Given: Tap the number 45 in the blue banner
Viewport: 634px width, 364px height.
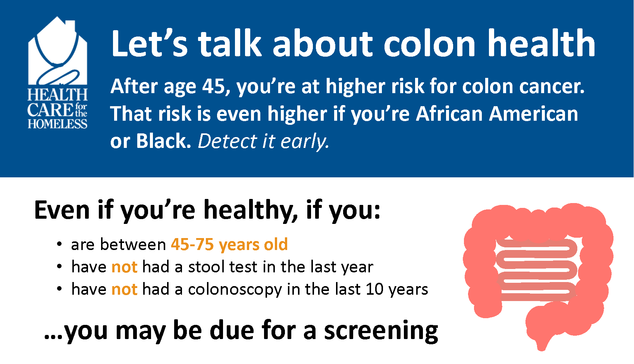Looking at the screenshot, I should [213, 86].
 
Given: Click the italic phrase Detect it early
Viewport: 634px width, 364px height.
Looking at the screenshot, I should [263, 142].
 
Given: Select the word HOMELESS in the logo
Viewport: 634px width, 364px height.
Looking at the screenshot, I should [57, 124].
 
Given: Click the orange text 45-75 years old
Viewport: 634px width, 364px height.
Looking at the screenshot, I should [229, 245].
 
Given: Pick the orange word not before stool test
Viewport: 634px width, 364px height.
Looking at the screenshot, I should [125, 267].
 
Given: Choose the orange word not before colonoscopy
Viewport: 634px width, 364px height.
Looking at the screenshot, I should [125, 289].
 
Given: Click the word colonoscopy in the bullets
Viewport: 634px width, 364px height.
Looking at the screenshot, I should [235, 290].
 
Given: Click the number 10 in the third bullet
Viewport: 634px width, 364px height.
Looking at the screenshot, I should [374, 289].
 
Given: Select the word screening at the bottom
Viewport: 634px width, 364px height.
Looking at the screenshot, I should [381, 331].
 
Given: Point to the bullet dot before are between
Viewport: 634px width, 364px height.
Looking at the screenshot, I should [59, 244].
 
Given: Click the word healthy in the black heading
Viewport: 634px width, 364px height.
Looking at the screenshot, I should [251, 211].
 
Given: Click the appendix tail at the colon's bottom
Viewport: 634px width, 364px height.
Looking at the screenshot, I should [542, 345].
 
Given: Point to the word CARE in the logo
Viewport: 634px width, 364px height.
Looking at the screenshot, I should [50, 110].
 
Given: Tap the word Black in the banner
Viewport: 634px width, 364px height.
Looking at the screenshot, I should [163, 142].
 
